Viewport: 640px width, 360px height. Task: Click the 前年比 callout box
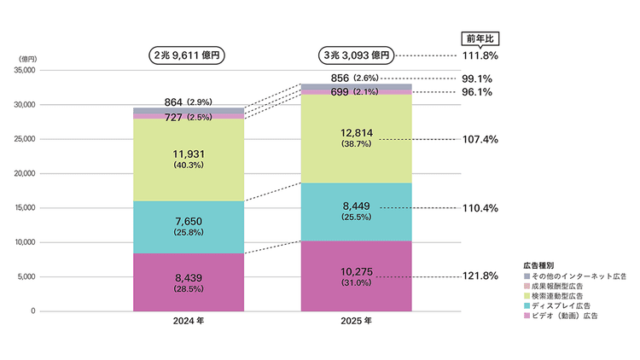point(480,39)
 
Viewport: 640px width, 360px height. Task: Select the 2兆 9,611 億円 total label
point(187,55)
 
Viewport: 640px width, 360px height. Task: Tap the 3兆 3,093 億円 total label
point(357,55)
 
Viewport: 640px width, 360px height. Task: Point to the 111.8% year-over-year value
point(480,56)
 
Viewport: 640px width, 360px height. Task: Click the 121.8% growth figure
point(480,276)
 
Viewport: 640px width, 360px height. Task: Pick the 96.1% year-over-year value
point(477,92)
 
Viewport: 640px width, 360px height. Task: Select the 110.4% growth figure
point(480,208)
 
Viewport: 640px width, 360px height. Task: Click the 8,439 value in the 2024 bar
point(189,278)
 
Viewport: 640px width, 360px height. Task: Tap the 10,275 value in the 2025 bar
point(357,272)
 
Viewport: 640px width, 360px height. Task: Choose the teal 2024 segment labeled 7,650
point(189,228)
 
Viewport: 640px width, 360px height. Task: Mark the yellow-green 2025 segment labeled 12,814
point(357,139)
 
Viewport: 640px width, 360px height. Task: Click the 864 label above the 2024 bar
point(173,102)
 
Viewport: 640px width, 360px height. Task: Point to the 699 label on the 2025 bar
point(340,92)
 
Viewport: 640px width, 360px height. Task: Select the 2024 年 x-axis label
point(189,322)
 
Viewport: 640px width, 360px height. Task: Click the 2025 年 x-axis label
point(357,322)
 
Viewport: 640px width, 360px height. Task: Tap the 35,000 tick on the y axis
point(25,70)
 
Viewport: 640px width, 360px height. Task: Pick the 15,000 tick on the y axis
point(25,208)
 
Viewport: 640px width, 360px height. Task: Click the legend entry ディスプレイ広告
point(557,305)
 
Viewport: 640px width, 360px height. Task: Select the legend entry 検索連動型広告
point(554,296)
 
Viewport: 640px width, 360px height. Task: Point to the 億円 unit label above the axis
point(28,60)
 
